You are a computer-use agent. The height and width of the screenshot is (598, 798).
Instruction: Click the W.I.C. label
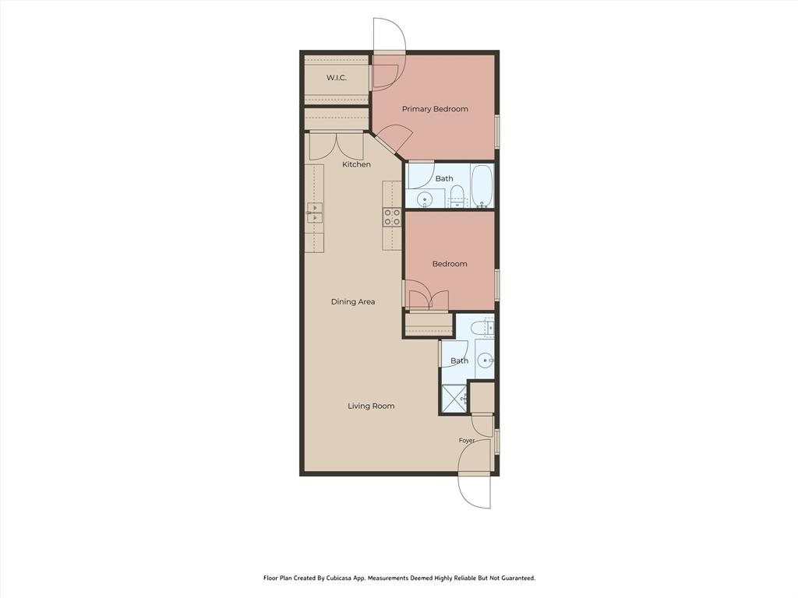point(337,78)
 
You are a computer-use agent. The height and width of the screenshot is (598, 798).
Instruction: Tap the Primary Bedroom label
point(435,109)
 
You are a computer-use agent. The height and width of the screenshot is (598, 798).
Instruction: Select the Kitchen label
point(356,164)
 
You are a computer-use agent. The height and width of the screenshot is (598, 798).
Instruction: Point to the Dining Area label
point(353,301)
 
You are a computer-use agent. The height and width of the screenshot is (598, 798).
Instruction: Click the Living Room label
point(371,406)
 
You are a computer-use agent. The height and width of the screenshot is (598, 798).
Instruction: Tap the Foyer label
point(467,441)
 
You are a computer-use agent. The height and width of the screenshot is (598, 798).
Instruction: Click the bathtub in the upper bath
point(482,185)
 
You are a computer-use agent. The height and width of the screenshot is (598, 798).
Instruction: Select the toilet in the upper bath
point(457,196)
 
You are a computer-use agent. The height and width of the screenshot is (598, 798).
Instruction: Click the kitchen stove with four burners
point(391,217)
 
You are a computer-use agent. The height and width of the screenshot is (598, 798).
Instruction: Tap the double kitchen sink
point(315,213)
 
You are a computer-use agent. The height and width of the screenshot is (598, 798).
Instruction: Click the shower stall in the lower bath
point(454,399)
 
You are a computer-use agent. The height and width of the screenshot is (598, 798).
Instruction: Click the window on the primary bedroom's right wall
point(497,132)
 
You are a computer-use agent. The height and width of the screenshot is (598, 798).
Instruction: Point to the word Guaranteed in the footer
point(517,578)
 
